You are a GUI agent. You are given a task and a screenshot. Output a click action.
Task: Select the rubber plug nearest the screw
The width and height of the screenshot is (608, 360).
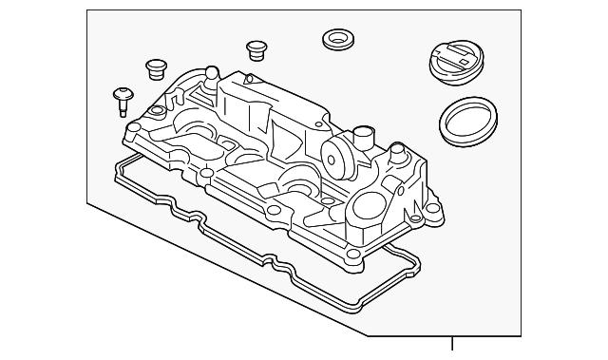click(x=156, y=68)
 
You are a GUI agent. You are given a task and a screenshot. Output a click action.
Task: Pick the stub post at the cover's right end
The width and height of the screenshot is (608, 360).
click(x=395, y=152)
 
